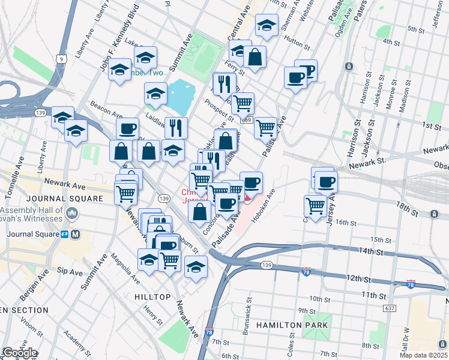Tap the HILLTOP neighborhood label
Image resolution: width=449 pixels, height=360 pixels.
(148, 297)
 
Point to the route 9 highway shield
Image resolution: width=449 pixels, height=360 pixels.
(61, 59)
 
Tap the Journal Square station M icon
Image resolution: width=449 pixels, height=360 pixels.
(76, 234)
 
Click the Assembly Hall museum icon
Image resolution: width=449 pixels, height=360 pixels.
(73, 212)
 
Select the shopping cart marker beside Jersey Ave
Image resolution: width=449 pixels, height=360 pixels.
(315, 205)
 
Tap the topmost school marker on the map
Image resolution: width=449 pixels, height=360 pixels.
(267, 26)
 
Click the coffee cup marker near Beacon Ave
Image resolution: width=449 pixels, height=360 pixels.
(127, 128)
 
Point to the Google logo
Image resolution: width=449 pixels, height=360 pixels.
(19, 353)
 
